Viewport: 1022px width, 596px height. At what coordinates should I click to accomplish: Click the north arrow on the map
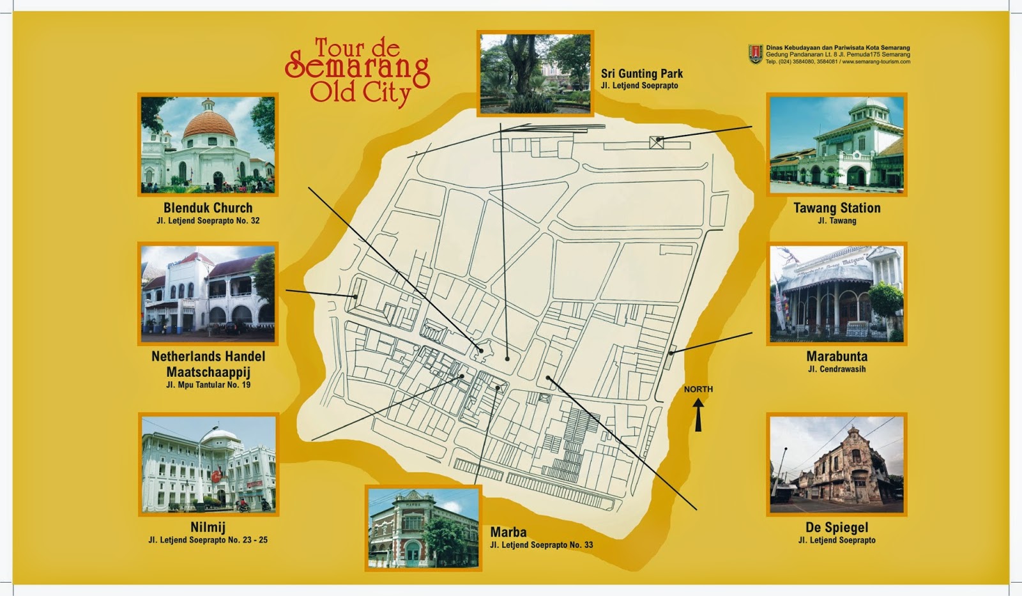[x=698, y=414]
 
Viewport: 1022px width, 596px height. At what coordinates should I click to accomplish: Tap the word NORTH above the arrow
[x=698, y=389]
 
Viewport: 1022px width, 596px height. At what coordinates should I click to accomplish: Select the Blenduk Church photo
[x=208, y=144]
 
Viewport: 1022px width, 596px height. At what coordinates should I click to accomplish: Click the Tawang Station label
[x=837, y=208]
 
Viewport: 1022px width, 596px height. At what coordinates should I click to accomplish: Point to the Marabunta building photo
[x=837, y=294]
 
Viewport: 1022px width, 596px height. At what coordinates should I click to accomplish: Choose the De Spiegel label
[x=837, y=528]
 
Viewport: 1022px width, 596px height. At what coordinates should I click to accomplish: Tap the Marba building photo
[x=423, y=528]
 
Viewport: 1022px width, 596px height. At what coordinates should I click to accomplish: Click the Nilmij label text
[x=208, y=528]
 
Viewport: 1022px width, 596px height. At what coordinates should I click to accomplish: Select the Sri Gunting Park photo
[x=535, y=73]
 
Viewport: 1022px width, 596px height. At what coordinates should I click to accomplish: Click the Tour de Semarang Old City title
[x=358, y=72]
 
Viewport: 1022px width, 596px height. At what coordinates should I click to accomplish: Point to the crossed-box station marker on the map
[x=657, y=142]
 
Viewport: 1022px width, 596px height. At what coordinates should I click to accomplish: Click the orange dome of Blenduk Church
[x=209, y=126]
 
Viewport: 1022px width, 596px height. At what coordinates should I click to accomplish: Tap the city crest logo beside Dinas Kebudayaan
[x=756, y=54]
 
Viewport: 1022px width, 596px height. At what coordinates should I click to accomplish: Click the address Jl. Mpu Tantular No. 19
[x=208, y=385]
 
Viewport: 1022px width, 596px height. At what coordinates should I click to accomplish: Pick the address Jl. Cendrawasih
[x=837, y=369]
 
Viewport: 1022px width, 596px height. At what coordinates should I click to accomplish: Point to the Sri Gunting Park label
[x=642, y=74]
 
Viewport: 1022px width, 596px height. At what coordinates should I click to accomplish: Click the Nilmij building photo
[x=208, y=464]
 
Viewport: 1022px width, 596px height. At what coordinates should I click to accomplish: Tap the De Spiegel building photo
[x=837, y=464]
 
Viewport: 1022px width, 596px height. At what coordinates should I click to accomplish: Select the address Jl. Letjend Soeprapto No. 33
[x=542, y=545]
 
